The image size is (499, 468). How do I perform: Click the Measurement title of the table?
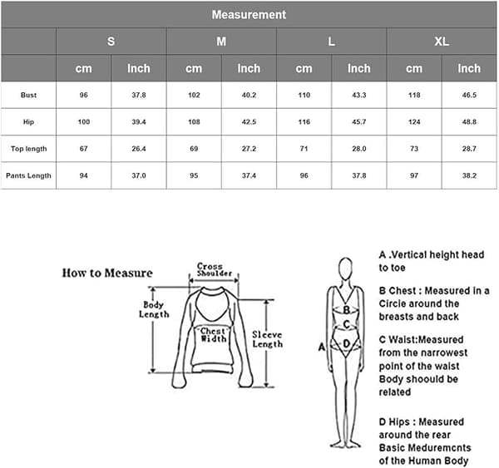[x=249, y=15]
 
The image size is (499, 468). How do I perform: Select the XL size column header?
[x=442, y=42]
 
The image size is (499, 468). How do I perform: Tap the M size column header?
[x=221, y=42]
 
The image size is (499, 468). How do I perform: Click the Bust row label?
[x=28, y=95]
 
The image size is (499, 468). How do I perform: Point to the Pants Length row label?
[x=28, y=175]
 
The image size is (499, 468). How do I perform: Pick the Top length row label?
[x=28, y=149]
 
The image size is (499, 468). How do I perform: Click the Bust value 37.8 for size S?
[x=139, y=95]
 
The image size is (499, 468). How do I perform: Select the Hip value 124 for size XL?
[x=414, y=122]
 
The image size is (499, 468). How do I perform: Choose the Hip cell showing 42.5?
[x=249, y=122]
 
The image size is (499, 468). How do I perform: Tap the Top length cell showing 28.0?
[x=359, y=149]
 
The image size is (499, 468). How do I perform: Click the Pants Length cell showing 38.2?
[x=469, y=175]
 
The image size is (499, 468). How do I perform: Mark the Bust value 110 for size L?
[x=304, y=95]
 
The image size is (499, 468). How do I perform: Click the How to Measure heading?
[x=107, y=273]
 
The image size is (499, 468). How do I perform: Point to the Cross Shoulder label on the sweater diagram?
[x=214, y=270]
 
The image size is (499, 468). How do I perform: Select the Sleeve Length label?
[x=267, y=339]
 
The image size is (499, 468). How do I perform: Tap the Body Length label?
[x=154, y=309]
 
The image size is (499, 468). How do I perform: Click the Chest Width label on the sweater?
[x=214, y=335]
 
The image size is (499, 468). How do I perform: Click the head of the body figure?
[x=346, y=268]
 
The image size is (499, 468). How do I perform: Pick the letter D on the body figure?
[x=346, y=343]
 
